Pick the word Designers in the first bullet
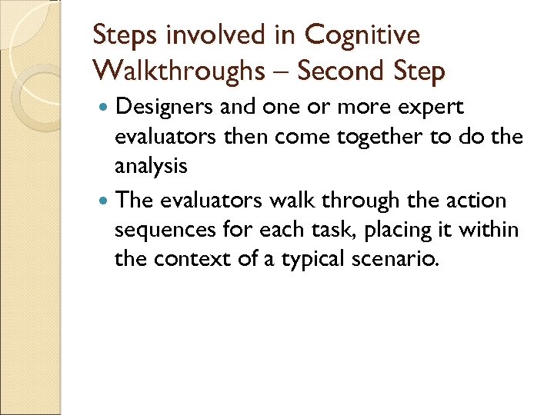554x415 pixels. click(164, 108)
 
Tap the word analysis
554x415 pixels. click(151, 166)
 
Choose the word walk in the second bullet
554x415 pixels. click(295, 201)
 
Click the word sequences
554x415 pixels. click(162, 231)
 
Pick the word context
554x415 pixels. click(184, 259)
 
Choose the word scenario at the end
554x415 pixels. click(395, 259)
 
